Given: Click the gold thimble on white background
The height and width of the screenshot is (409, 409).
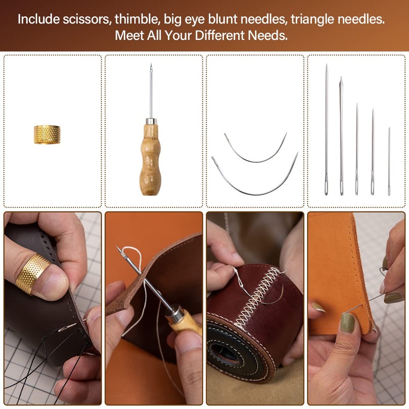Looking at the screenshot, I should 47,134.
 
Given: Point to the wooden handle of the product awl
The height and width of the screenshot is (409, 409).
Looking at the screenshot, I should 150,158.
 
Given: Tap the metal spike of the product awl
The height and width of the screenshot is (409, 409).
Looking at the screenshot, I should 151,92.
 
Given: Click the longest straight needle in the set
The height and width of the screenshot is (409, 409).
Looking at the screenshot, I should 326,128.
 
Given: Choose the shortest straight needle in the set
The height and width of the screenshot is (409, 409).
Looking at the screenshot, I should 389,161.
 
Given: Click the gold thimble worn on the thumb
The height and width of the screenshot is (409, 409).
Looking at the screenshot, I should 32,273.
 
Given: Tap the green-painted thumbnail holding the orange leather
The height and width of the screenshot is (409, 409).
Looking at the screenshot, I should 348,322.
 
